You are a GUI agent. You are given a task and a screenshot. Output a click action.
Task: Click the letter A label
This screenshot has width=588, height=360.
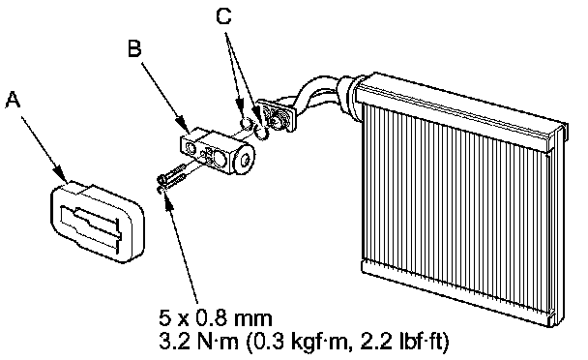point(13,100)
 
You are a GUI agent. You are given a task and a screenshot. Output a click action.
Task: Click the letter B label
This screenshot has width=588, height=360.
point(134,48)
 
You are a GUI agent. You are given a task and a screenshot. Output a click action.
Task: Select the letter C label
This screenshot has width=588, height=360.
point(223,15)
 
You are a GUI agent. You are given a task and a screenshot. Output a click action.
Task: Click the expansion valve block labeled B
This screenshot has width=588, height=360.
point(217,152)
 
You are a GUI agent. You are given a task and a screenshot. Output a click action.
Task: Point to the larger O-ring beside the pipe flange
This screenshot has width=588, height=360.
point(261,132)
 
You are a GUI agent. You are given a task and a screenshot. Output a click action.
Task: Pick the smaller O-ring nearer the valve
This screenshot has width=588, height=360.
point(247,122)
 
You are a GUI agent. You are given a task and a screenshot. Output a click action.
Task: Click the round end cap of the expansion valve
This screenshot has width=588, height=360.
point(244,160)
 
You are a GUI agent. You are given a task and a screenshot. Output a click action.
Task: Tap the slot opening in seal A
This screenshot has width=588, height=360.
point(91,224)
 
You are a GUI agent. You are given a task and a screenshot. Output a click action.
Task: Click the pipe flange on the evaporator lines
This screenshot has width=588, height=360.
point(277,115)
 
